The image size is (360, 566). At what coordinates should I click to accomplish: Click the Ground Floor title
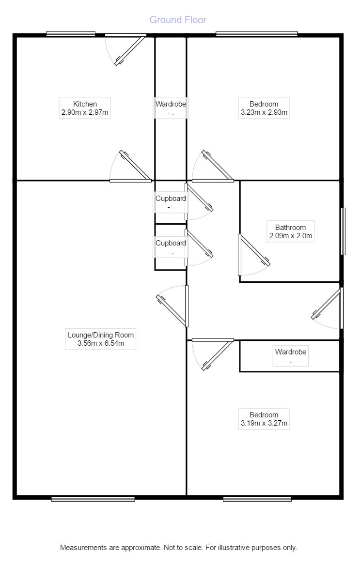[178, 20]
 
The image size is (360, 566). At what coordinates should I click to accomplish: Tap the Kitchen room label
[85, 104]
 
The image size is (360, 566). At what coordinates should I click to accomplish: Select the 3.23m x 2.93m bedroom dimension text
[264, 113]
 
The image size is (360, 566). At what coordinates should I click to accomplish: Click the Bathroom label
[290, 228]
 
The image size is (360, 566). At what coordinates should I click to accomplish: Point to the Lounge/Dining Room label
[101, 335]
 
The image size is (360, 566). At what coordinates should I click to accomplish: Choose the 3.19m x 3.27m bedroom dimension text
[264, 424]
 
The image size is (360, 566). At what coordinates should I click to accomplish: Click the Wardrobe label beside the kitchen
[171, 104]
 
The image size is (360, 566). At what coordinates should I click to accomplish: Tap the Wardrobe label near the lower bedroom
[290, 352]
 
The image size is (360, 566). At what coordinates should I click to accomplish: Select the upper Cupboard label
[171, 199]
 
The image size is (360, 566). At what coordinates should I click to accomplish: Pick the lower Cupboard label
[171, 243]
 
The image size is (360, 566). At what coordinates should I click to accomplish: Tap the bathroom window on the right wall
[343, 231]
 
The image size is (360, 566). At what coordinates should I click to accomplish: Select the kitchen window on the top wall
[71, 34]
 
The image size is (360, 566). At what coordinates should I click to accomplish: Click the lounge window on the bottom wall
[93, 499]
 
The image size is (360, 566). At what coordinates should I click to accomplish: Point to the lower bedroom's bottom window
[257, 499]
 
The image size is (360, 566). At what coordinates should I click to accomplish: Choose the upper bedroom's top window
[256, 34]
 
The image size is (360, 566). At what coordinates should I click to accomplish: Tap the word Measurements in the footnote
[82, 548]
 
